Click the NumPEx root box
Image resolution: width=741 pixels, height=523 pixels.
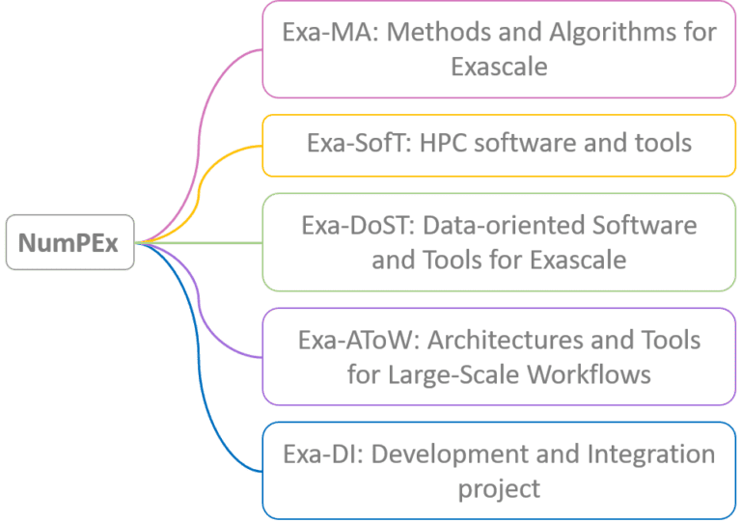(69, 242)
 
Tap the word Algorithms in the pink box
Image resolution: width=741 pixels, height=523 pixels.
(598, 32)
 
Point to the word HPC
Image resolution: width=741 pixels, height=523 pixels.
(447, 144)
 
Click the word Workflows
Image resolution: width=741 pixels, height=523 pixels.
(588, 373)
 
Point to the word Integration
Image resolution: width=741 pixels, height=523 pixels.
(645, 454)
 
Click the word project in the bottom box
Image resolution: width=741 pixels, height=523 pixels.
(499, 488)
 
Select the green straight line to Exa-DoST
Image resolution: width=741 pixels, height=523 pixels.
(203, 242)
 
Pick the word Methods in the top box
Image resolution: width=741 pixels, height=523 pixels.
(445, 32)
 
